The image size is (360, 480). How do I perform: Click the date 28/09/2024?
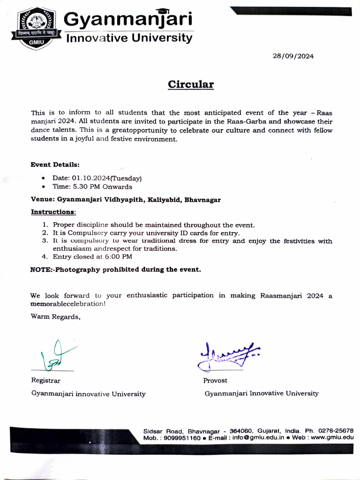[x=293, y=56]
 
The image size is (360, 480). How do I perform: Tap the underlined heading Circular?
[x=191, y=84]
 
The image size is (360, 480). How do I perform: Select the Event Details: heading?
[x=55, y=165]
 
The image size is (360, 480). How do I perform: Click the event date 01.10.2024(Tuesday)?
[x=97, y=178]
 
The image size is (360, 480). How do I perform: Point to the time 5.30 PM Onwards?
[x=92, y=187]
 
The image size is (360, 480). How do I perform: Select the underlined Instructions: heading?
[x=53, y=212]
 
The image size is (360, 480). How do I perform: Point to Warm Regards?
[x=55, y=316]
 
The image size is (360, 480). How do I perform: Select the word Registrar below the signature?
[x=45, y=380]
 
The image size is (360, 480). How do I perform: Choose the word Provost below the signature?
[x=215, y=380]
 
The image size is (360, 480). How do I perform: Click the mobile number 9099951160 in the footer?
[x=180, y=438]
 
